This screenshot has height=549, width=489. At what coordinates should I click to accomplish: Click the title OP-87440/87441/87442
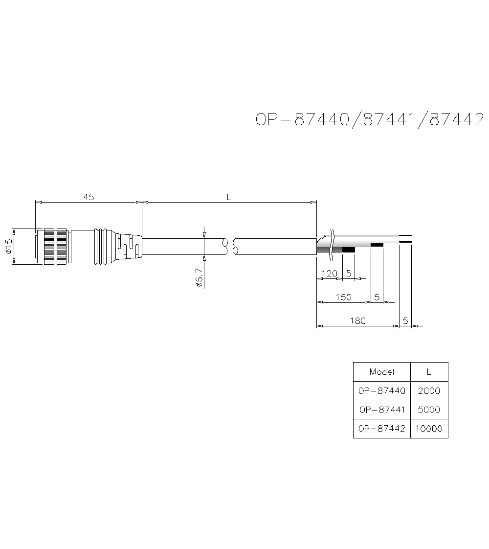[370, 119]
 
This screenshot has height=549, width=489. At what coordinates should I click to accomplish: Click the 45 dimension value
[89, 197]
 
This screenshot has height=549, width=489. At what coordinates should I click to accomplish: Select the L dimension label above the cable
[228, 197]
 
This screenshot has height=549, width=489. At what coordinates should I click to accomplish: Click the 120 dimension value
[330, 274]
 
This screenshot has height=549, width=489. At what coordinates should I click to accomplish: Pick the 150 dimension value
[344, 297]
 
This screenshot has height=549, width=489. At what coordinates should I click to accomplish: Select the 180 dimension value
[357, 321]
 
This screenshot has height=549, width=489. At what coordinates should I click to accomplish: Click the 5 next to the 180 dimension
[405, 321]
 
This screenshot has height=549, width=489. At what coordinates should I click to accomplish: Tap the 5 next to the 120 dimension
[349, 274]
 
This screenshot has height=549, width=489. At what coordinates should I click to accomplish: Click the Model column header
[381, 372]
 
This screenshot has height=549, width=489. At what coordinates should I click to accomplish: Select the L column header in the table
[429, 372]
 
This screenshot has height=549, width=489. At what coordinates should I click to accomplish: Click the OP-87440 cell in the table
[381, 391]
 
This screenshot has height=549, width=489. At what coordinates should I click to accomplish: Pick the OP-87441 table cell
[381, 410]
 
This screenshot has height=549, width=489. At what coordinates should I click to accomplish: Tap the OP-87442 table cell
[381, 429]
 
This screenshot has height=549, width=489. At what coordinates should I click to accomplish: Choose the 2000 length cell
[429, 391]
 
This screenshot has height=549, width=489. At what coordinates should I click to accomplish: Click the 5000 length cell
[429, 410]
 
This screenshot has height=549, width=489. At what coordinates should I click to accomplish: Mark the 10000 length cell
[429, 429]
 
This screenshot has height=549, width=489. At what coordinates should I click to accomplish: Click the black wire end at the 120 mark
[348, 250]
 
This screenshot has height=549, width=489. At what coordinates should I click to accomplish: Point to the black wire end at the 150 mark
[377, 244]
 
